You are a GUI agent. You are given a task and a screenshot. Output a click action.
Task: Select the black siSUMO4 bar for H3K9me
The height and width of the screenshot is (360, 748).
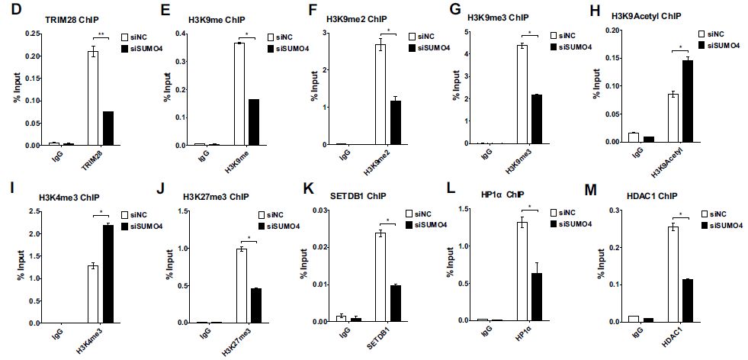[253, 122]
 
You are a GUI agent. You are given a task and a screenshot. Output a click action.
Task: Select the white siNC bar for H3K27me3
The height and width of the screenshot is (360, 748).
[242, 285]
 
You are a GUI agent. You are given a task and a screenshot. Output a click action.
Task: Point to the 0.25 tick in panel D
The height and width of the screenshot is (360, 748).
[30, 34]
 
